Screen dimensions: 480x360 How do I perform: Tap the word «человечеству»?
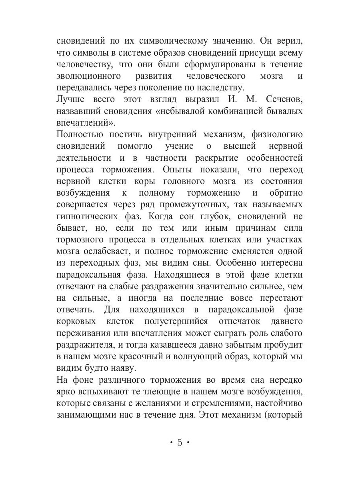(x=83, y=64)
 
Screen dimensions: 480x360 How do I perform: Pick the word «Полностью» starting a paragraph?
(x=79, y=134)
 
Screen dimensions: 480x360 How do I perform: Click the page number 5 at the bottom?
(x=180, y=442)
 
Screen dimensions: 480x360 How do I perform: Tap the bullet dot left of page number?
(x=170, y=442)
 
